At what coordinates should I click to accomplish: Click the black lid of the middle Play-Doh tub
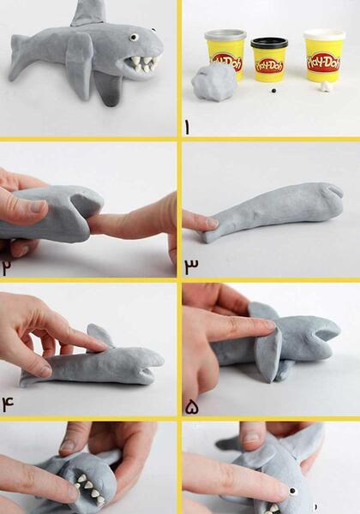pos(269,43)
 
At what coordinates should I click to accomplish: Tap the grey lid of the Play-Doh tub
pos(225,34)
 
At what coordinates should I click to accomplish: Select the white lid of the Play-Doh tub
pos(324,34)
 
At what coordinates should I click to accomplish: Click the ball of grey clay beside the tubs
pos(214,81)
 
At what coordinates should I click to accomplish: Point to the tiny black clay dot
pos(273,91)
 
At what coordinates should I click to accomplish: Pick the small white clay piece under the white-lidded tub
pos(325,87)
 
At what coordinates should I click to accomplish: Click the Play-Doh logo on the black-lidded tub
pos(269,66)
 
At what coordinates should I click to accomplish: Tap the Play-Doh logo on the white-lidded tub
pos(324,63)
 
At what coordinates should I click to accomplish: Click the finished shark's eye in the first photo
pos(134,37)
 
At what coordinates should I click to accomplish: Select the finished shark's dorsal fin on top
pos(89,13)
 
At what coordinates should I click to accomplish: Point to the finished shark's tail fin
pos(21,58)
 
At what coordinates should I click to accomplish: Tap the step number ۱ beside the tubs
pos(187,128)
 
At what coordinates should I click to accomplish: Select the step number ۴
pos(8,403)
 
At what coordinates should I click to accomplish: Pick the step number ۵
pos(192,408)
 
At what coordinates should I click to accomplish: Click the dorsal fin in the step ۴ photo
pos(99,335)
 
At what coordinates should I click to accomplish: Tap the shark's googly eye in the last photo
pos(293,491)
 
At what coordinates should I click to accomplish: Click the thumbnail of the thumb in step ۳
pos(212,224)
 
